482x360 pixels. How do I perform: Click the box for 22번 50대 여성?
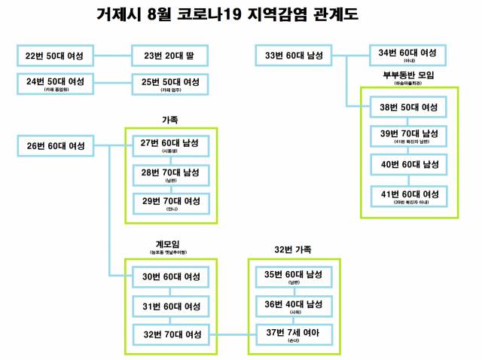pos(54,56)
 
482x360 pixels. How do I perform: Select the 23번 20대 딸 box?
pos(169,56)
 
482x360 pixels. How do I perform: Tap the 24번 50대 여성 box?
pos(54,83)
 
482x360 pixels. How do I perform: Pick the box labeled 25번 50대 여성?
pos(169,83)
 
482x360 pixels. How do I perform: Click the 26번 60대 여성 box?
pos(55,145)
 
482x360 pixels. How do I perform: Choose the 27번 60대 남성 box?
pos(170,145)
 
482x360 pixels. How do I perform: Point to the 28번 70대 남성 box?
pos(170,175)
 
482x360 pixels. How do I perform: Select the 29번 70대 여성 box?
pos(170,203)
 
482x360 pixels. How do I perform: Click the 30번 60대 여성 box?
pos(170,277)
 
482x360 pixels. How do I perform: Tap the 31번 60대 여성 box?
pos(170,307)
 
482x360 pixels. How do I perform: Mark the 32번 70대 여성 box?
pos(170,333)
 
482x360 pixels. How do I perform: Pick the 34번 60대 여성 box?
pos(408,54)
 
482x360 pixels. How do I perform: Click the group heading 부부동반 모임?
pos(408,75)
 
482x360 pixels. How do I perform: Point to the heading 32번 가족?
pos(293,249)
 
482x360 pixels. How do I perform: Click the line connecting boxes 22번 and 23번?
pos(112,56)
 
